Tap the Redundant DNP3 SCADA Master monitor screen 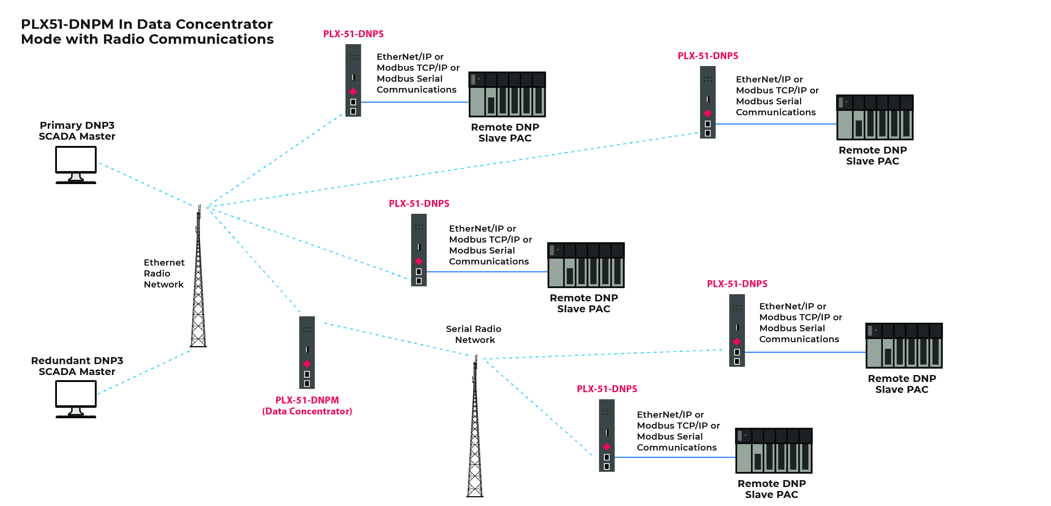pos(76,393)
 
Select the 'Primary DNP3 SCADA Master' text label pos(77,131)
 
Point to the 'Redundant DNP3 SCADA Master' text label pos(77,366)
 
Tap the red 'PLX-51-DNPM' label pos(307,400)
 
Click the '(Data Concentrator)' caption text pos(307,411)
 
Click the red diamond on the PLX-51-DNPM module pos(307,364)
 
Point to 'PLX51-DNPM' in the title pos(67,24)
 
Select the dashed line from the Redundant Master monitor pos(143,372)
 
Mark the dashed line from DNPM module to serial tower pos(396,339)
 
